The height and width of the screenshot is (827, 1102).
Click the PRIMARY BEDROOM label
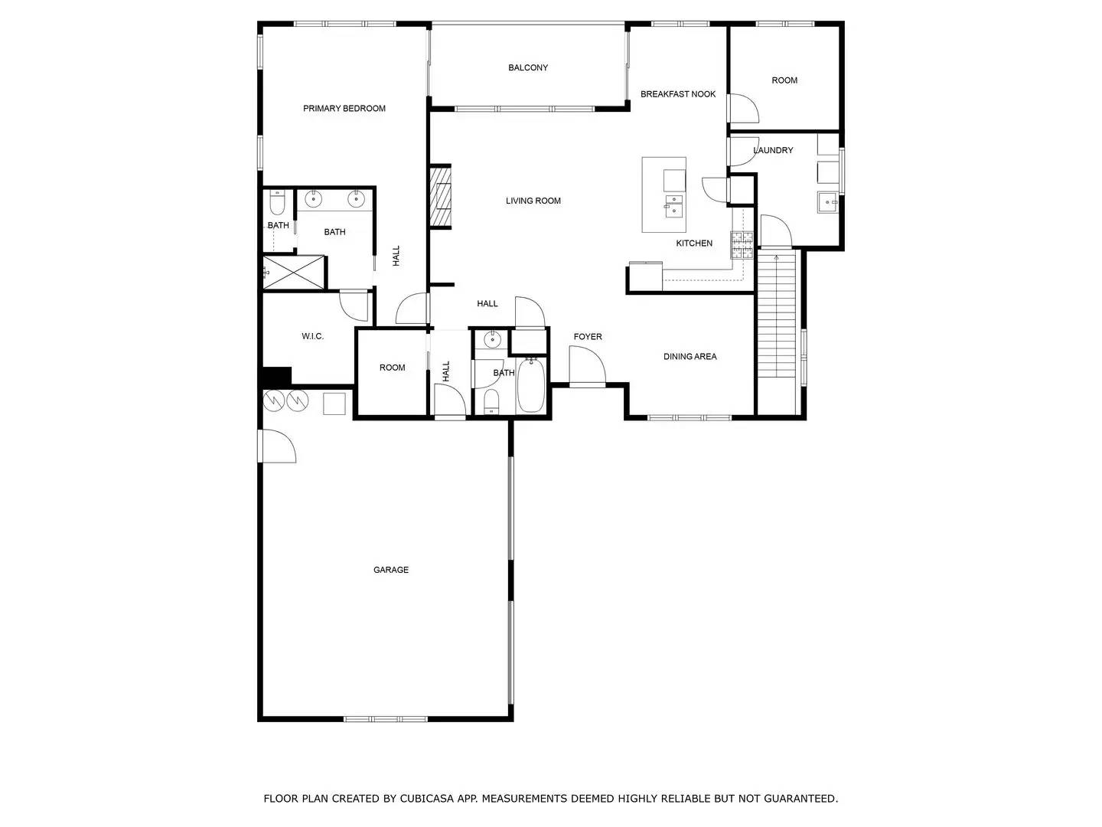coord(344,109)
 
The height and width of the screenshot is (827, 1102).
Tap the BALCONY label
coord(528,68)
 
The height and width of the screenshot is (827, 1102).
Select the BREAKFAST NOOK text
coord(678,94)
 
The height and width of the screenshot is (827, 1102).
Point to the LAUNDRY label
coord(773,150)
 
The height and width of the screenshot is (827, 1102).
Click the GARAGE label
coord(390,570)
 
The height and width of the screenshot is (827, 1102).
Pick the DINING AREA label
coord(690,357)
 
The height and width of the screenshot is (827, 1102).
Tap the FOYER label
coord(588,337)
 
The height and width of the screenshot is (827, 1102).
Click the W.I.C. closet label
coord(312,336)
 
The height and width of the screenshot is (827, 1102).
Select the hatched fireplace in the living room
coord(441,197)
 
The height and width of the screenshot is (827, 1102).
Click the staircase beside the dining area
coord(777,314)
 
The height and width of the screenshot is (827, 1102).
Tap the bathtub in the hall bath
coord(530,386)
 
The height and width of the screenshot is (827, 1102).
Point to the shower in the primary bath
coord(294,273)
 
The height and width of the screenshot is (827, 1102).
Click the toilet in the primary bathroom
coord(277,203)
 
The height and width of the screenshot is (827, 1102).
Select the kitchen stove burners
coord(742,245)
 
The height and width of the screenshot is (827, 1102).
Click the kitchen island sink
coord(673,207)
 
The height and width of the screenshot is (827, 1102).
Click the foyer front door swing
coord(586,366)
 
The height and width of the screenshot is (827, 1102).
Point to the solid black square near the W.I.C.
coord(276,377)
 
